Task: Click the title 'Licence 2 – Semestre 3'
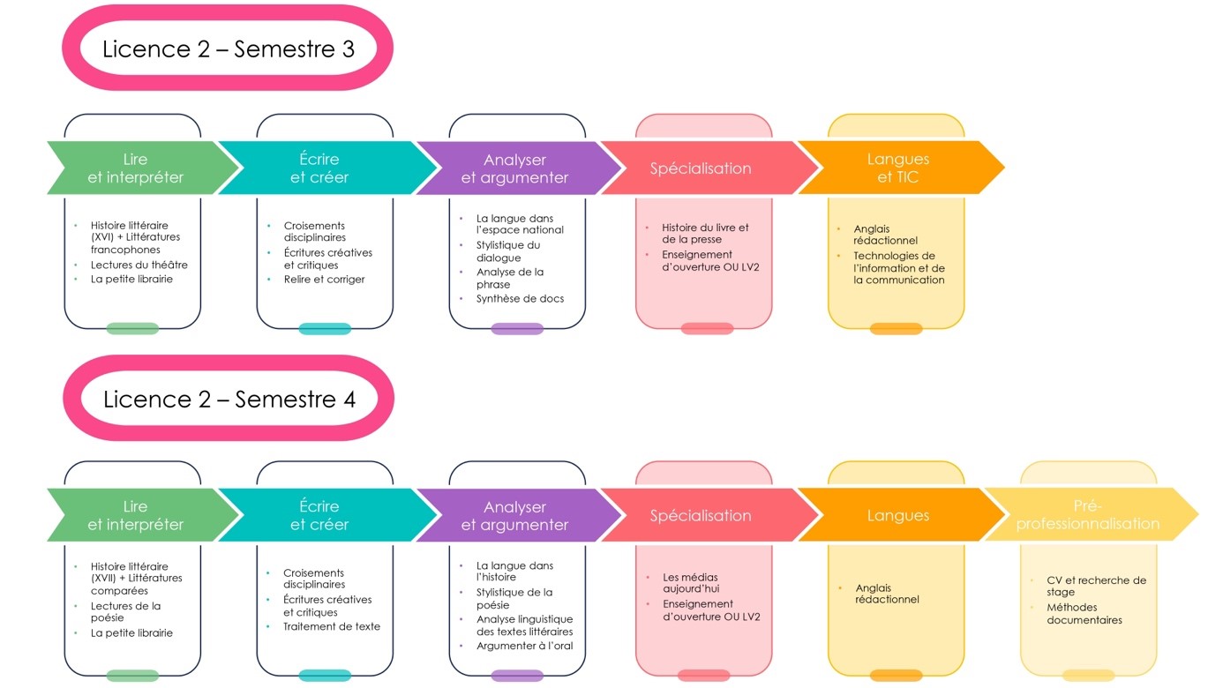point(229,49)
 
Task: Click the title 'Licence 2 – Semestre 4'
point(229,400)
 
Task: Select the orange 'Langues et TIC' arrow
point(901,168)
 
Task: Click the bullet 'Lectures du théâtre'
point(139,265)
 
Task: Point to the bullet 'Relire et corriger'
point(324,280)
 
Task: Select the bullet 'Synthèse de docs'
point(520,298)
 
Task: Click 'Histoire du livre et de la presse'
point(705,234)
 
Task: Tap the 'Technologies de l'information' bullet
point(898,268)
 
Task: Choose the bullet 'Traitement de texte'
point(332,626)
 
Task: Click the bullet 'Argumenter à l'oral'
point(524,646)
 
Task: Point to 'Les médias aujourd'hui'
point(691,583)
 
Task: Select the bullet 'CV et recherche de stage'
point(1096,586)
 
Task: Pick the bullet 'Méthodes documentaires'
point(1084,614)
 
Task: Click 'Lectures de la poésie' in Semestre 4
point(125,611)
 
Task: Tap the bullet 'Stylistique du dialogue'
point(507,251)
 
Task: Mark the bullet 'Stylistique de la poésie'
point(514,599)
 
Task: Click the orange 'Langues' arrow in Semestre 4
point(901,514)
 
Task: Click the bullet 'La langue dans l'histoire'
point(514,572)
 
